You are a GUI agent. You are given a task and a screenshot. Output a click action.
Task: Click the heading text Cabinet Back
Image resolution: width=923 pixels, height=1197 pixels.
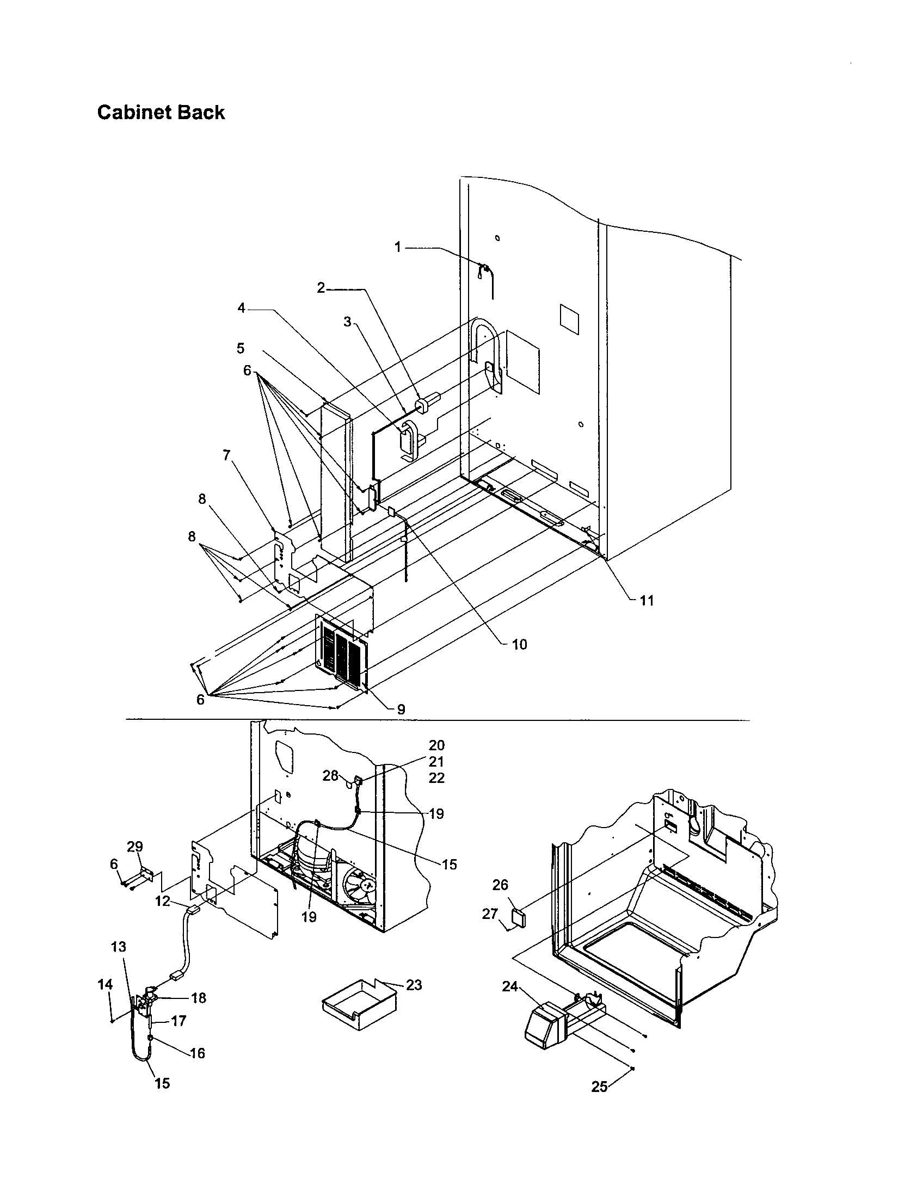tap(161, 113)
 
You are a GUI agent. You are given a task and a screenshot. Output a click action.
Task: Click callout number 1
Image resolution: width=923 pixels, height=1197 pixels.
tap(398, 247)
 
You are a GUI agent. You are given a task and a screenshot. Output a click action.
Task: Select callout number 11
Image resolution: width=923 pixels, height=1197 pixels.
tap(647, 601)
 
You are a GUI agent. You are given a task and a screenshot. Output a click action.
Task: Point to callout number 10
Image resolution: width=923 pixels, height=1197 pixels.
tap(519, 645)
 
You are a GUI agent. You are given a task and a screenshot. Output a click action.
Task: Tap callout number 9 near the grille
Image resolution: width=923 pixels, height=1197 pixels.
tap(401, 709)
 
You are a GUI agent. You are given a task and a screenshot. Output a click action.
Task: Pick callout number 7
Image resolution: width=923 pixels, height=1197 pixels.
tap(227, 455)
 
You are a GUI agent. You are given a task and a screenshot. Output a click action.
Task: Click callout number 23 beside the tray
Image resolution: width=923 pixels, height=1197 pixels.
tap(414, 985)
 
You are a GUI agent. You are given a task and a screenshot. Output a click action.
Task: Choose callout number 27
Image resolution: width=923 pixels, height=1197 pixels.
tap(489, 914)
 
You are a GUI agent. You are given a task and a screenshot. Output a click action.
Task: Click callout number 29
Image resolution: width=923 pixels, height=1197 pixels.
tap(135, 847)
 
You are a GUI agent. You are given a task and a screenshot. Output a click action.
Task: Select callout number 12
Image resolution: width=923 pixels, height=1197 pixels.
tap(162, 901)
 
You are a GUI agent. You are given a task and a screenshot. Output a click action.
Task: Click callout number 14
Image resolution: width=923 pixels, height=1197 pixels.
tap(105, 984)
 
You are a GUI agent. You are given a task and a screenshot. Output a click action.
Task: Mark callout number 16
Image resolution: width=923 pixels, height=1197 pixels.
tap(198, 1053)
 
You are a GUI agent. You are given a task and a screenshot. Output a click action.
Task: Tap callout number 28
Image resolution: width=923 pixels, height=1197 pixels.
tap(330, 776)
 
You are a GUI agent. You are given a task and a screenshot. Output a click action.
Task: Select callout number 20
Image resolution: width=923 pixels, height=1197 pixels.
tap(436, 745)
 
